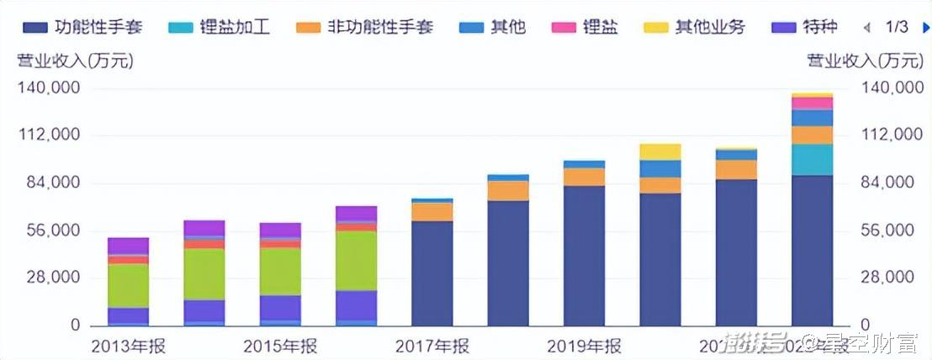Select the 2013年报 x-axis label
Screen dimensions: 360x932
click(x=128, y=346)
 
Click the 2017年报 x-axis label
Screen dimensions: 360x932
click(x=432, y=346)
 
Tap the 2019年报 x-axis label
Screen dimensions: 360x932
click(x=584, y=346)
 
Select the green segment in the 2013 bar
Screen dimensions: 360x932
click(x=128, y=285)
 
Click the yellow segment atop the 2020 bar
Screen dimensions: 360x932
click(x=660, y=151)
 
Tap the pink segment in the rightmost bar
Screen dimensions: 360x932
click(x=812, y=103)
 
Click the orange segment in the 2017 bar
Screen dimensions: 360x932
click(x=432, y=212)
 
